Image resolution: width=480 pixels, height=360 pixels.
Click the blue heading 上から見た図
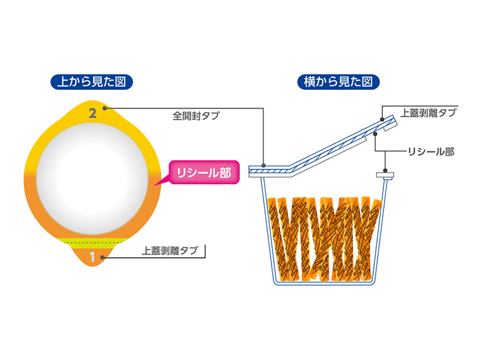[92, 82]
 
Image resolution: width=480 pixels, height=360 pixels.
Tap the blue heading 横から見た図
[338, 82]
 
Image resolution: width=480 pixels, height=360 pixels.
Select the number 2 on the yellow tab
[93, 113]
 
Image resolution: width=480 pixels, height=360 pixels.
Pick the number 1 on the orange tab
[92, 257]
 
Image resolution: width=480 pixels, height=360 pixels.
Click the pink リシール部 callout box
[204, 172]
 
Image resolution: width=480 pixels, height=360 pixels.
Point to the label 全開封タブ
[196, 116]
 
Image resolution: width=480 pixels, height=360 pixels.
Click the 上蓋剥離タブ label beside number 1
[169, 251]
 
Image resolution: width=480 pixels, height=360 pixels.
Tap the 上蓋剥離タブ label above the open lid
[428, 113]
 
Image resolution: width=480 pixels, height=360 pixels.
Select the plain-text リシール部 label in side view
[431, 152]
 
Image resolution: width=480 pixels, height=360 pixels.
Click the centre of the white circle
[92, 178]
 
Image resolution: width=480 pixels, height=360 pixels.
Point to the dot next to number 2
[104, 109]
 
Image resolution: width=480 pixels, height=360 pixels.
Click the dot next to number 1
[103, 257]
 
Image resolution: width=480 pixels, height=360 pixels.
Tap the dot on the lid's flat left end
[263, 166]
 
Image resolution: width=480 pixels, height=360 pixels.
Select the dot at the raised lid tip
[382, 119]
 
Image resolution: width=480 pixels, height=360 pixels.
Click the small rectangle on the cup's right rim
[385, 175]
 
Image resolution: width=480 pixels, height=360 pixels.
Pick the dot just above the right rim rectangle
[385, 170]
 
